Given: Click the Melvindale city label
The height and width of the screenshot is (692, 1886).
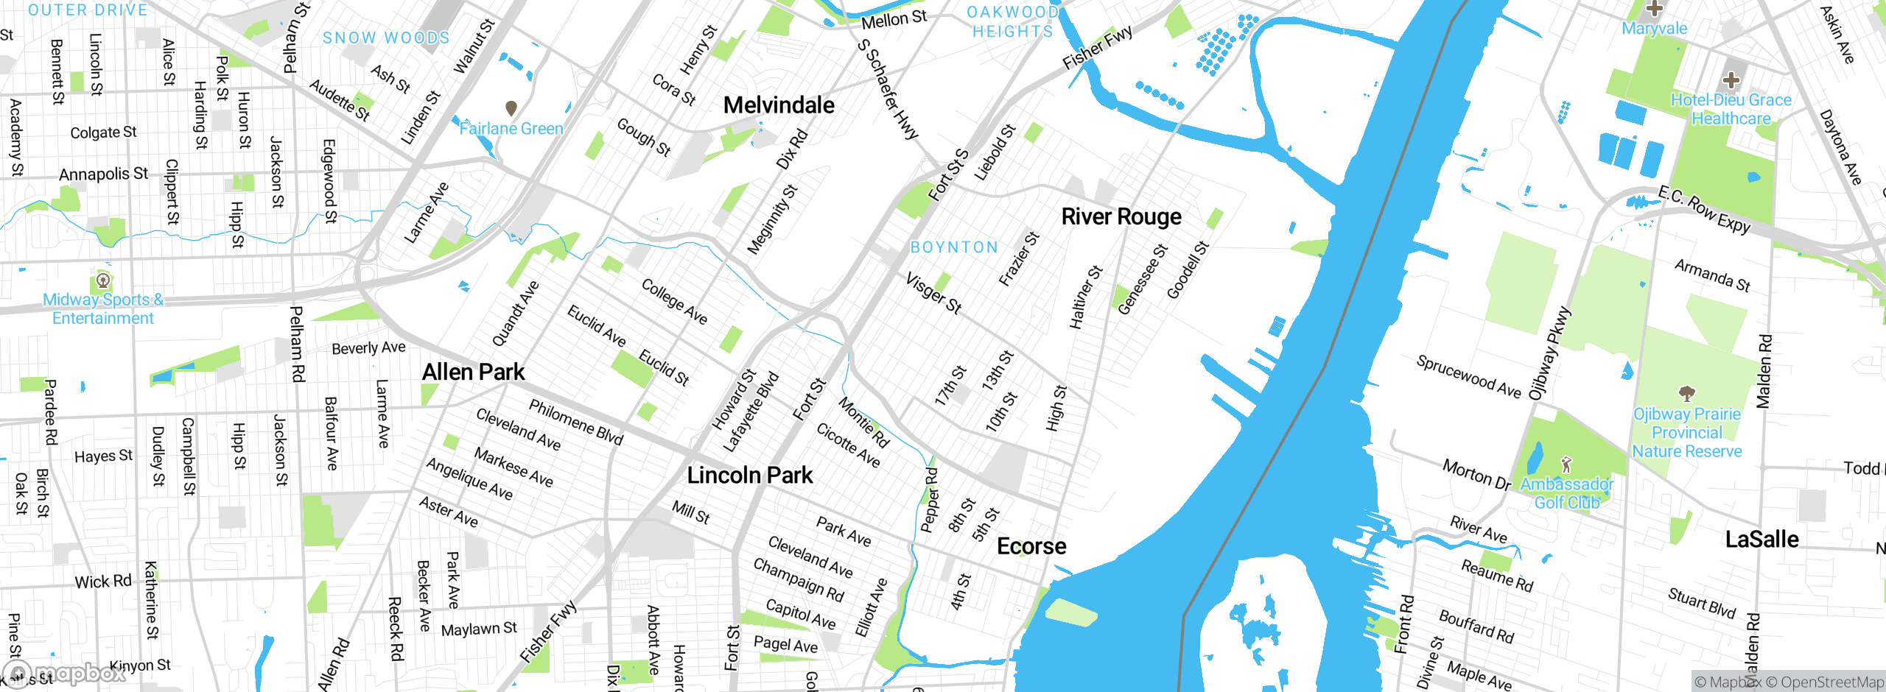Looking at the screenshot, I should (x=779, y=105).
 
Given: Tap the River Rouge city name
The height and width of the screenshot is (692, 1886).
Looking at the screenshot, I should (x=1121, y=216).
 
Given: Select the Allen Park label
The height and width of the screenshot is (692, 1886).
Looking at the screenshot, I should (x=474, y=372).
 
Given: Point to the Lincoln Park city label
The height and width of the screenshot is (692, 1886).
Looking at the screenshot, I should (x=750, y=475).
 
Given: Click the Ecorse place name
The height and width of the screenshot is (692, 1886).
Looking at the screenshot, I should (x=1031, y=546).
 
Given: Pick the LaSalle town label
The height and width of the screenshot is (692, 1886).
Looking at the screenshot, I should (x=1761, y=540).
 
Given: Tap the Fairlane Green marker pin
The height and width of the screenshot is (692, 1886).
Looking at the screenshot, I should (x=511, y=109).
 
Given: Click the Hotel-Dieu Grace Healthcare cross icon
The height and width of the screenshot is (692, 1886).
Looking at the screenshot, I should (x=1731, y=80).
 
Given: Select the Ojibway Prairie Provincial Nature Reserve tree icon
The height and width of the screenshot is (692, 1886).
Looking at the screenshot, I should (x=1686, y=393).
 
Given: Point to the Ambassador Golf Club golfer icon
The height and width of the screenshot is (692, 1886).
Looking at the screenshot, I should (x=1567, y=465).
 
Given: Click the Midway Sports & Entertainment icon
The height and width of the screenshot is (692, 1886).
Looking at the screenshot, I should (x=103, y=280).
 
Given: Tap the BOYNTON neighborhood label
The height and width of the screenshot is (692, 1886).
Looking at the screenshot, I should (x=954, y=247).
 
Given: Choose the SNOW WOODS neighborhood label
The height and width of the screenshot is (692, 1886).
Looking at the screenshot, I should (x=386, y=38).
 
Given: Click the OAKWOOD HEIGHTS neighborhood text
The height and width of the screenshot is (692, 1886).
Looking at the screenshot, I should (x=1013, y=21).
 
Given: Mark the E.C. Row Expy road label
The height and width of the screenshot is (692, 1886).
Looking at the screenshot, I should (x=1704, y=211).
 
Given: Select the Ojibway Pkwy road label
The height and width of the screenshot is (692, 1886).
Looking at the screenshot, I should (x=1550, y=353).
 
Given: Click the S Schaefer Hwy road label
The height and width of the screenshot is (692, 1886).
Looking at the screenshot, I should (x=888, y=89).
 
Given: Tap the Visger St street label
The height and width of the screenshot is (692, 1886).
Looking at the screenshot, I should (x=933, y=293).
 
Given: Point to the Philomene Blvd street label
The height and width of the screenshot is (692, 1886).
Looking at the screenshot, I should (x=576, y=422).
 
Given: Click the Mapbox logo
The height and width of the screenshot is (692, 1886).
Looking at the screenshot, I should (x=65, y=674).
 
